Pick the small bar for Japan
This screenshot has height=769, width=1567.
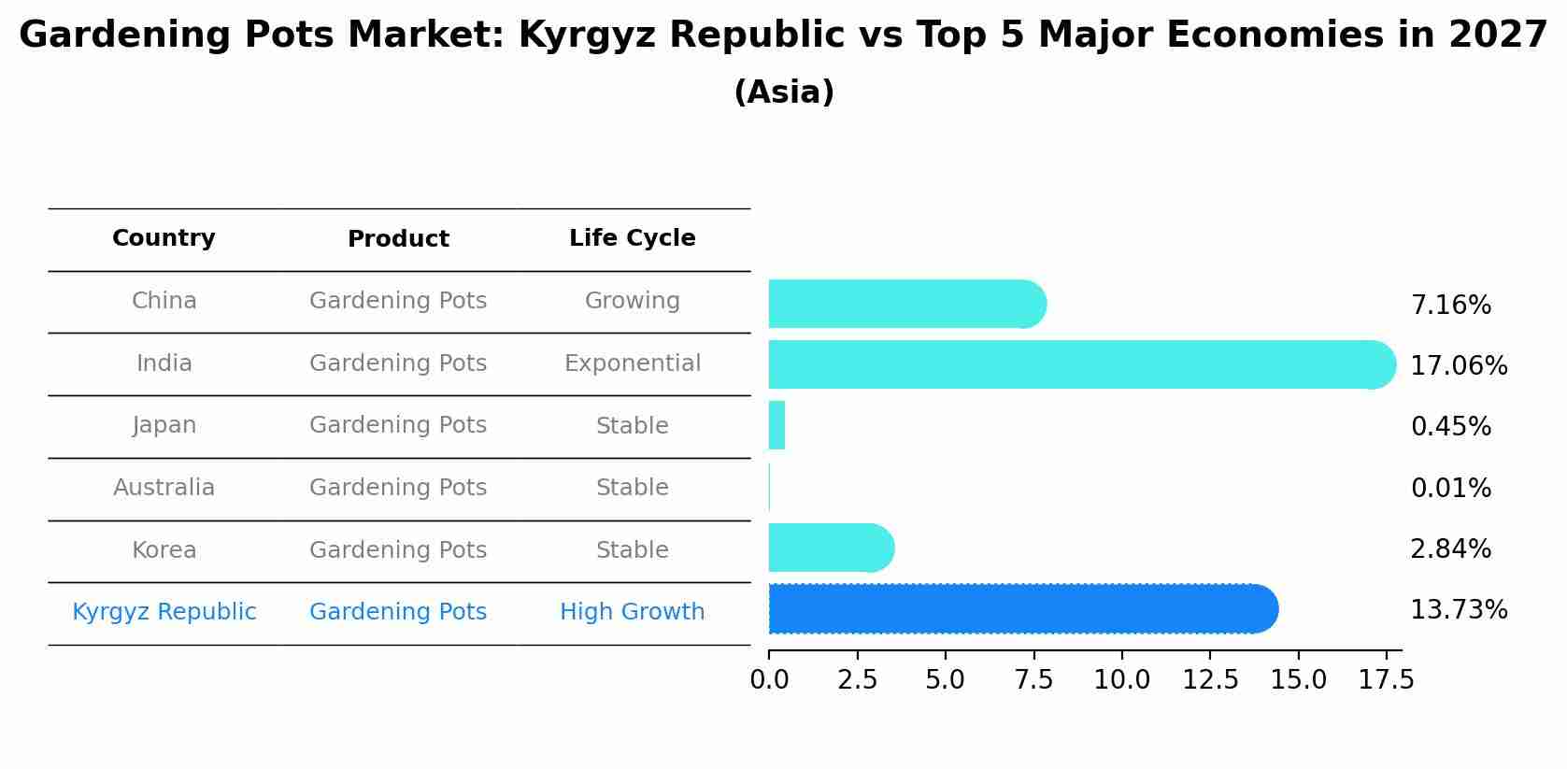coord(776,426)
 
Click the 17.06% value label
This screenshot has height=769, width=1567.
coord(1458,366)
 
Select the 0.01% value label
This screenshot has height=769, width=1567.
coord(1450,489)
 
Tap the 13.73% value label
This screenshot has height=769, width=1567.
coord(1458,610)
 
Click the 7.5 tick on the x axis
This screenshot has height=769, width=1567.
coord(1033,680)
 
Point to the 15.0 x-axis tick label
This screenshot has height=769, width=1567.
coord(1298,680)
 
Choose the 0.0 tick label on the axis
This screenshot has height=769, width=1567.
coord(769,680)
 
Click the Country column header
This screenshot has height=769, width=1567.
coord(164,238)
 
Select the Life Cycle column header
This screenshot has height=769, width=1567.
coord(632,238)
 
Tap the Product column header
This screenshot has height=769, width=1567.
coord(398,239)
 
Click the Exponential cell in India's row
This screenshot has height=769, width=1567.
coord(632,363)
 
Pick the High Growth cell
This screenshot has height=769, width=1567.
coord(632,612)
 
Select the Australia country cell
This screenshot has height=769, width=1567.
coord(164,488)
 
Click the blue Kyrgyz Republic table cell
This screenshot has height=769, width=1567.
coord(164,612)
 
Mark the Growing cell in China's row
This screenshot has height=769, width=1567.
coord(632,301)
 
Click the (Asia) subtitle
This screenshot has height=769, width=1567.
coord(783,93)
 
